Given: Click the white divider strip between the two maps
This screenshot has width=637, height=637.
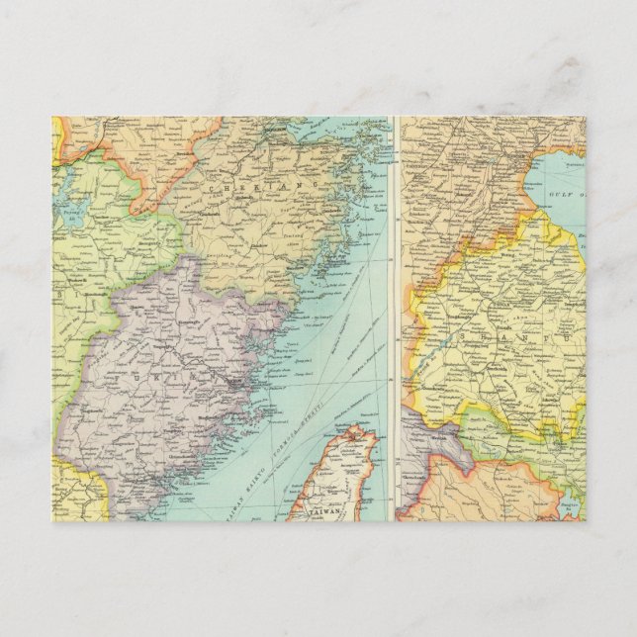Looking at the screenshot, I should point(395,317).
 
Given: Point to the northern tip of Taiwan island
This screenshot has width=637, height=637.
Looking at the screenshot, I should point(358,427).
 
